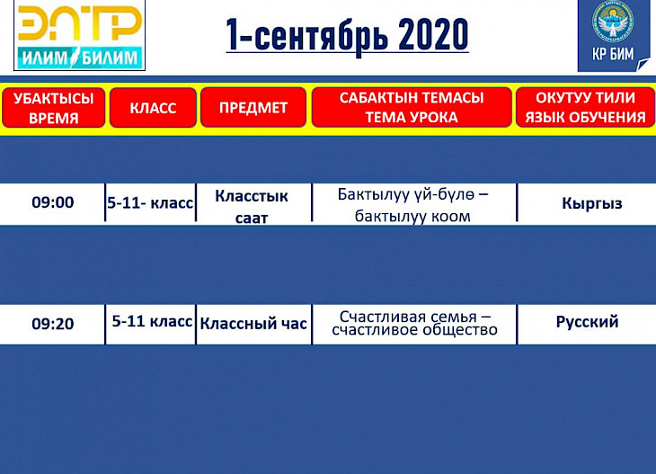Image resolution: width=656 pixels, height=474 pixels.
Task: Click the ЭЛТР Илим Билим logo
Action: pyautogui.click(x=79, y=35)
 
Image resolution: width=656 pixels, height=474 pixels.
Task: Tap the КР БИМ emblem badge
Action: pyautogui.click(x=613, y=35)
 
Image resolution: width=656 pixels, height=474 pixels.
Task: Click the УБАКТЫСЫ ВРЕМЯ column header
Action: pyautogui.click(x=54, y=108)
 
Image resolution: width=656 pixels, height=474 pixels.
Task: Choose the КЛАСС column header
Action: pyautogui.click(x=153, y=108)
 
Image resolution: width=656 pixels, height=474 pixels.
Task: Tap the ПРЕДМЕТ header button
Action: pyautogui.click(x=253, y=108)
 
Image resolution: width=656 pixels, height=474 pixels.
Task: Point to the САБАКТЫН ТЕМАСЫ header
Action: pyautogui.click(x=412, y=107)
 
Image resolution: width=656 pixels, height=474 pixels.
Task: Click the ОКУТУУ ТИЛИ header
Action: pyautogui.click(x=585, y=107)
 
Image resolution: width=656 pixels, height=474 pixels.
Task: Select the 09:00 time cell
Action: pyautogui.click(x=53, y=202)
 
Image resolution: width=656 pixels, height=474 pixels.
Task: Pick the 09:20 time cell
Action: pyautogui.click(x=53, y=324)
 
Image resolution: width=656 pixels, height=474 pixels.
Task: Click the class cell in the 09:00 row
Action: pyautogui.click(x=150, y=203)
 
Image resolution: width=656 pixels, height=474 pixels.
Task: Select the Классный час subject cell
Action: pyautogui.click(x=253, y=323)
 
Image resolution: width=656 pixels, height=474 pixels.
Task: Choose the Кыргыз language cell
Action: pyautogui.click(x=592, y=203)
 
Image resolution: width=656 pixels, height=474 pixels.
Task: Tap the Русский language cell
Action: pyautogui.click(x=587, y=322)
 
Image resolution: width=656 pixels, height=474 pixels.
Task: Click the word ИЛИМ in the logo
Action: pyautogui.click(x=45, y=58)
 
